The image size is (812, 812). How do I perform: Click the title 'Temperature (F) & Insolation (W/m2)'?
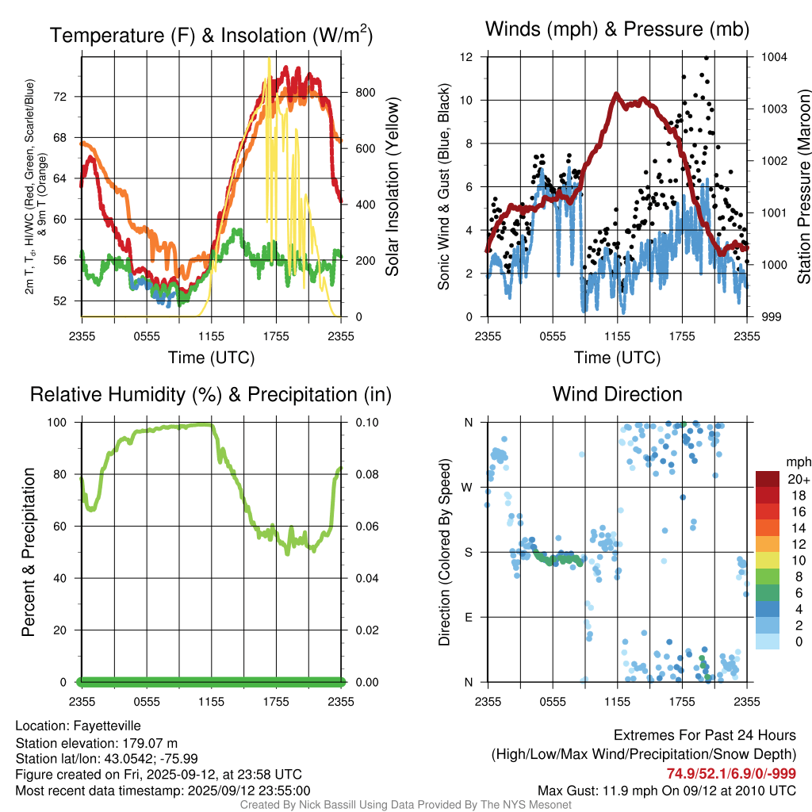pos(211,36)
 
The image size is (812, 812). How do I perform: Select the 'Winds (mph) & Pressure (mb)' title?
pos(617,30)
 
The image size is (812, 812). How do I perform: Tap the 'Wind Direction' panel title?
pos(617,394)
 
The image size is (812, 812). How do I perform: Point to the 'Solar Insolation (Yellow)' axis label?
pos(392,187)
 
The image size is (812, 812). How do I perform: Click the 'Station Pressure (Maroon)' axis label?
pos(803,187)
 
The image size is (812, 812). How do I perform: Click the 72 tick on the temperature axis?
pos(69,97)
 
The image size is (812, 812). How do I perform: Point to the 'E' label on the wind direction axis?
pos(468,617)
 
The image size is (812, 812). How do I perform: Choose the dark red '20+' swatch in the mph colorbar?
pos(767,479)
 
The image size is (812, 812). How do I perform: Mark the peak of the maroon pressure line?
pos(616,94)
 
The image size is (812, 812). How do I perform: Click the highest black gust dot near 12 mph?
pos(705,58)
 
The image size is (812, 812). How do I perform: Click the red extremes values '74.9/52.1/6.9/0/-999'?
pos(730,774)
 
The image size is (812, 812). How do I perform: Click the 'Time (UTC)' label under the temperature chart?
pos(211,358)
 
